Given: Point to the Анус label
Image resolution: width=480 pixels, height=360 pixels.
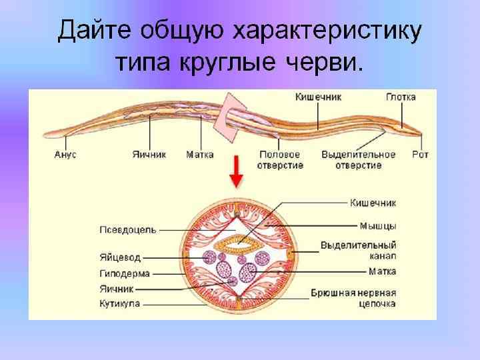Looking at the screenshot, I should [65, 155].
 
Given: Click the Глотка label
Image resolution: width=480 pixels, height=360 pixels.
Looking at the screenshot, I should [401, 97].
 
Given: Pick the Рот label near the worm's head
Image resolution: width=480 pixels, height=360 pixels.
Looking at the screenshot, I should [421, 155].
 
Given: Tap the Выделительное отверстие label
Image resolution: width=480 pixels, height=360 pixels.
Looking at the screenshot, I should [358, 160].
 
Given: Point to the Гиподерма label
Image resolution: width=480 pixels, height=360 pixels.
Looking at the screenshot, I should [125, 273].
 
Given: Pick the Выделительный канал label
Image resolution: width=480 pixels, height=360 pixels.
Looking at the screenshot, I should [359, 251].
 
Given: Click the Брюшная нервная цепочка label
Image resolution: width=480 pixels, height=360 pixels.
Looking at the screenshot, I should [354, 298].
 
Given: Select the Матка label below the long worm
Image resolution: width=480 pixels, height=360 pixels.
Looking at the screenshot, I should [200, 155].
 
